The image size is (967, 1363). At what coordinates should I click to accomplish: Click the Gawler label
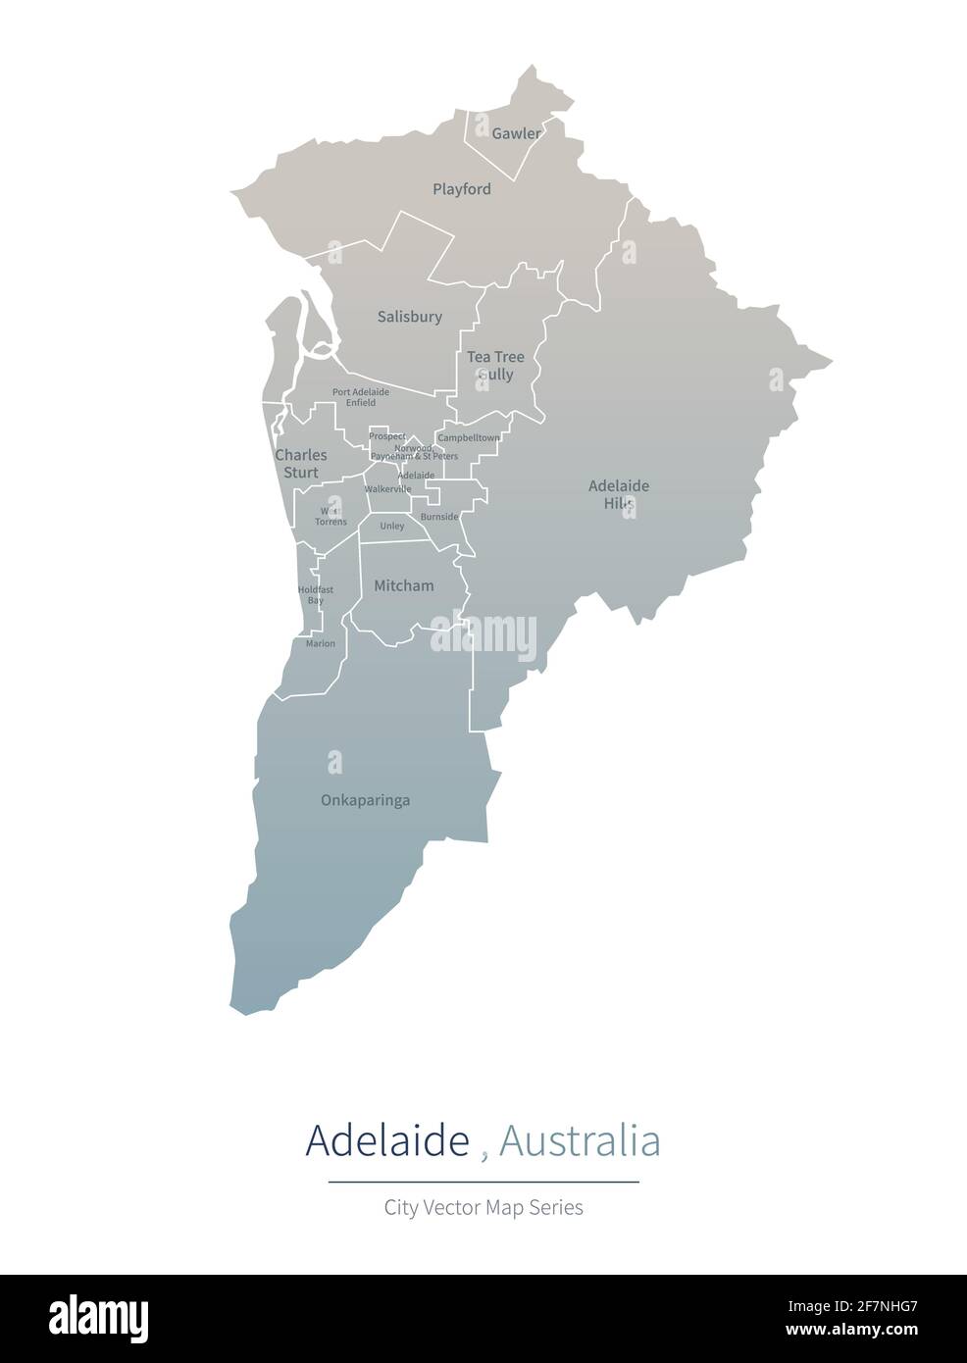click(x=516, y=133)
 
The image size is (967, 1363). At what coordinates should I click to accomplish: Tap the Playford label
click(x=462, y=189)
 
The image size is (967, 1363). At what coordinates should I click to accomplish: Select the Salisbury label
click(x=410, y=317)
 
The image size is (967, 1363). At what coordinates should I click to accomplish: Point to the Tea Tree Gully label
click(x=495, y=366)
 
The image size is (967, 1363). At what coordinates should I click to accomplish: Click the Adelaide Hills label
click(x=619, y=494)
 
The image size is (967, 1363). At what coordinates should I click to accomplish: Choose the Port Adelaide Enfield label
click(x=361, y=397)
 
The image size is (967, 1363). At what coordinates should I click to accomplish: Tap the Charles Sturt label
click(x=301, y=464)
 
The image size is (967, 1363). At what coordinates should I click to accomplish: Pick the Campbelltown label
click(x=469, y=437)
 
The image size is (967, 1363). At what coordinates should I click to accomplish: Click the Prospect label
click(x=387, y=436)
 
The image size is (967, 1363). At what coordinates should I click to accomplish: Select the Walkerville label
click(x=387, y=489)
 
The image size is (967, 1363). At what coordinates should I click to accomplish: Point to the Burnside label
click(x=438, y=517)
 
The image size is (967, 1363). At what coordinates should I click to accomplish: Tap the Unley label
click(x=392, y=527)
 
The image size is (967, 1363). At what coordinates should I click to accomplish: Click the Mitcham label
click(x=404, y=585)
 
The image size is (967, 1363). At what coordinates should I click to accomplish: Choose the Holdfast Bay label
click(x=315, y=595)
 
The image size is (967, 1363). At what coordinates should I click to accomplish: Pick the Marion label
click(x=321, y=644)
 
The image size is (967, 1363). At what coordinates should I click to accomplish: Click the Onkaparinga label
click(x=366, y=800)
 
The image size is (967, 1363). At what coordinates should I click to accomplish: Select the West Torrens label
click(x=331, y=517)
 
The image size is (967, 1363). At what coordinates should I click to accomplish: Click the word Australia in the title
click(x=579, y=1141)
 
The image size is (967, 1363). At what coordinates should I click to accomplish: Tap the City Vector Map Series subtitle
click(x=483, y=1208)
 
